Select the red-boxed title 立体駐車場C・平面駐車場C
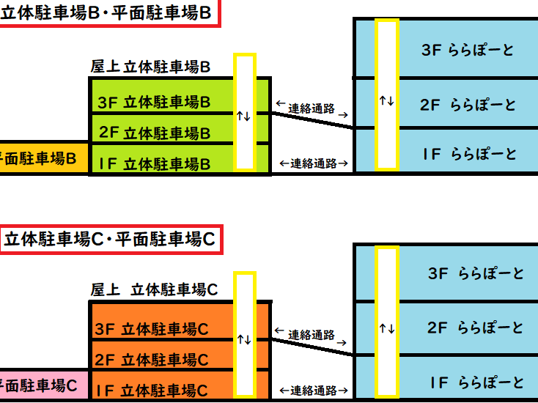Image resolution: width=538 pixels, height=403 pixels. (x=108, y=239)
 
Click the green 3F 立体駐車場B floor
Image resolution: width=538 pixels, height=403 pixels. (x=154, y=101)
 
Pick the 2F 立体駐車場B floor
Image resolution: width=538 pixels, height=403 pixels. (x=154, y=133)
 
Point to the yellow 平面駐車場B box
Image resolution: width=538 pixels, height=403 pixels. (x=40, y=158)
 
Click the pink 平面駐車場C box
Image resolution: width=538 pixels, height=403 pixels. (x=40, y=385)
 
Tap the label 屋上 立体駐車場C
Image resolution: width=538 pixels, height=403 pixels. (x=154, y=289)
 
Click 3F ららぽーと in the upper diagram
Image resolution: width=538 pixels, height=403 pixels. (x=468, y=50)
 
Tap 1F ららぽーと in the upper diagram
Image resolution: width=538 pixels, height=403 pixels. (x=468, y=154)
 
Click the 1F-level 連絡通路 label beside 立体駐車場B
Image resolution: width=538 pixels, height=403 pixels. (x=313, y=163)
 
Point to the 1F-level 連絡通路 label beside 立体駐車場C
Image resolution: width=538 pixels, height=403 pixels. (x=313, y=390)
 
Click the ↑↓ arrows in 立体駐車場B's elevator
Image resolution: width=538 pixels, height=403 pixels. (x=244, y=116)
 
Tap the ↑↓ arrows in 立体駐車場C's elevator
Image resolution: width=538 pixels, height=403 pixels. (x=244, y=339)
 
